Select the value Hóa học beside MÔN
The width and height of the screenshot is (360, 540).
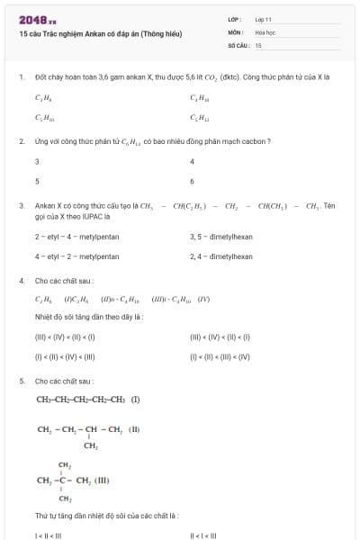pos(265,31)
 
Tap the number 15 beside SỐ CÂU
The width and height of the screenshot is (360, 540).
pos(258,44)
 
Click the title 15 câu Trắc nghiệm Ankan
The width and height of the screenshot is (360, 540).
pos(100,34)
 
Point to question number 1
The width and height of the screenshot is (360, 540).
pos(21,77)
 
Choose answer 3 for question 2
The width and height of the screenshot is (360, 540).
pos(37,162)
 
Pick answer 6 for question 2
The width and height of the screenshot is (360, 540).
pos(193,181)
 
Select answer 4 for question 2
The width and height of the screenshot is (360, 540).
pos(193,162)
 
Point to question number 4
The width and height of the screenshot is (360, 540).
pos(21,280)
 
